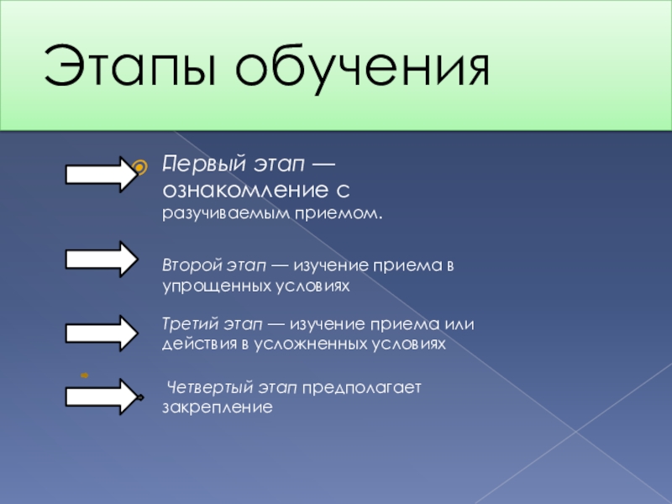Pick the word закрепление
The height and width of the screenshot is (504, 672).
[x=218, y=408]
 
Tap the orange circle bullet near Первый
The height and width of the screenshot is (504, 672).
[x=143, y=163]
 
